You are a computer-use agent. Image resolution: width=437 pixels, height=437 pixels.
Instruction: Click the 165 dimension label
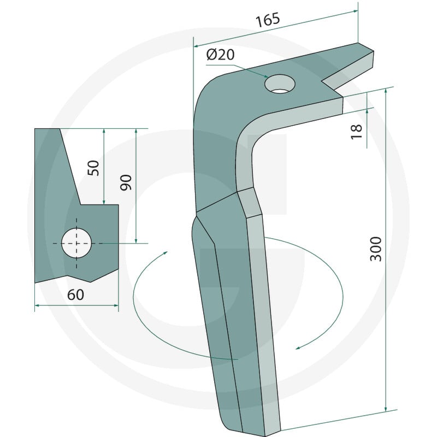pyautogui.click(x=268, y=20)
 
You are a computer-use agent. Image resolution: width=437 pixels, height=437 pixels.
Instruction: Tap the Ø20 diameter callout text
pyautogui.click(x=221, y=55)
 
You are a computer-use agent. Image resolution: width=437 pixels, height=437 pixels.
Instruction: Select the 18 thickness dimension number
pyautogui.click(x=356, y=132)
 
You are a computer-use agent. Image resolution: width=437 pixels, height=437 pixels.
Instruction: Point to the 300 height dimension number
pyautogui.click(x=375, y=249)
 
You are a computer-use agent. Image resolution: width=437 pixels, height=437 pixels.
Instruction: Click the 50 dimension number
pyautogui.click(x=93, y=168)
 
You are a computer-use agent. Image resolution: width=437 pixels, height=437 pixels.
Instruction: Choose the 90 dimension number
pyautogui.click(x=126, y=182)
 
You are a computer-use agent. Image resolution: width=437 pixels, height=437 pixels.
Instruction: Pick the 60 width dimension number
pyautogui.click(x=75, y=294)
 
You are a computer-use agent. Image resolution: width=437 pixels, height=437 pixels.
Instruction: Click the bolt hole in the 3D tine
pyautogui.click(x=280, y=84)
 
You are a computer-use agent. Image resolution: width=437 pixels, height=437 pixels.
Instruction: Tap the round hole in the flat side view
pyautogui.click(x=76, y=243)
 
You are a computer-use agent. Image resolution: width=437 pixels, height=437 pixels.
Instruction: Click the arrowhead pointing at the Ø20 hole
pyautogui.click(x=265, y=76)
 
